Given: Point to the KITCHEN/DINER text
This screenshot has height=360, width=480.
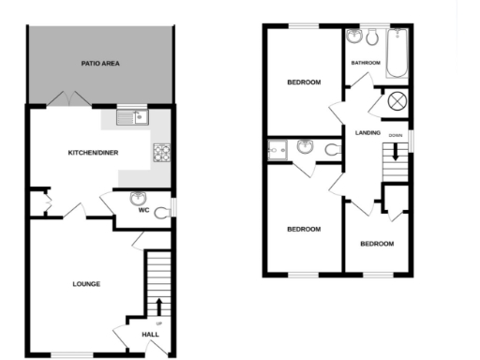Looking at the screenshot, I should (91, 152).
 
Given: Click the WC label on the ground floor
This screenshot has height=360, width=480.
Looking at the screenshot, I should (144, 210).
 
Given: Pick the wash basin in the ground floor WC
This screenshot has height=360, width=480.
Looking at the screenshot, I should (138, 198).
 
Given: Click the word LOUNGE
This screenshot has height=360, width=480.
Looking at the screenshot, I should (86, 284).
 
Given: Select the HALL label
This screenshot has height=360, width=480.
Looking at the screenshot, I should (150, 334).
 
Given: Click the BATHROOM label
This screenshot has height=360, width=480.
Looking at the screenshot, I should (366, 63).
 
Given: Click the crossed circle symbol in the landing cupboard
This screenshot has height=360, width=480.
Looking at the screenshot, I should (396, 102).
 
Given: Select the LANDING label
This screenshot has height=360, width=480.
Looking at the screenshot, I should (368, 132).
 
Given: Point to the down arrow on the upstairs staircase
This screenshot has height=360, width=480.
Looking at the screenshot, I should (396, 152).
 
